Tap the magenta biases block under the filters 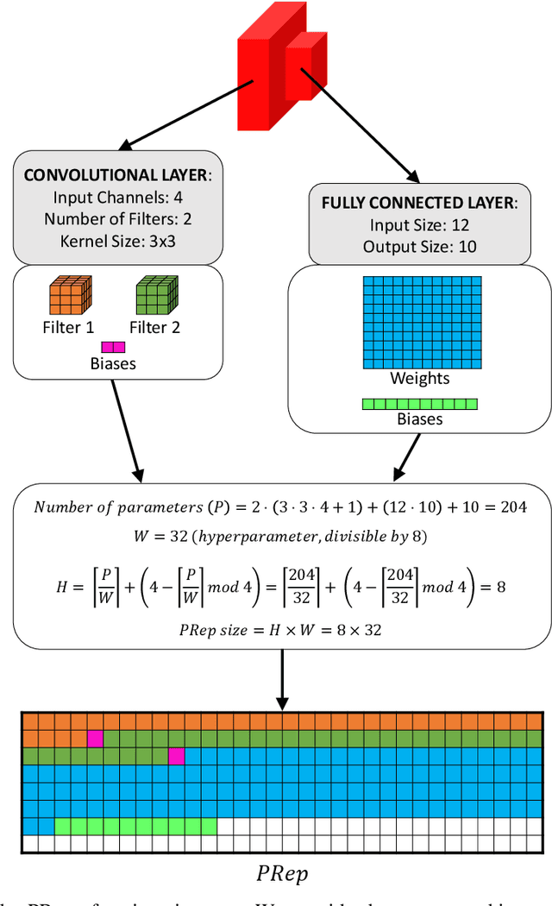(113, 347)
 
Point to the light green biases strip (419, 403)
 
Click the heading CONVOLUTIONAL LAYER (115, 175)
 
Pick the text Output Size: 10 (419, 246)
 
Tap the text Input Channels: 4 (118, 198)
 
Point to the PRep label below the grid (282, 872)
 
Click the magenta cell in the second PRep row (95, 739)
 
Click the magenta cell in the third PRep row (177, 756)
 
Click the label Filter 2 (155, 328)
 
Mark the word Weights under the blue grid (419, 379)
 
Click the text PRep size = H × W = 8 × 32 (282, 629)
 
